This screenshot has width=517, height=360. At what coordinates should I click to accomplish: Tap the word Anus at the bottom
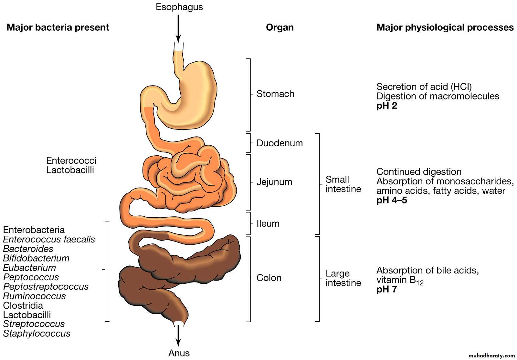point(179,353)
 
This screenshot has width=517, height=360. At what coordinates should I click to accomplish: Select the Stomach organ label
point(275,94)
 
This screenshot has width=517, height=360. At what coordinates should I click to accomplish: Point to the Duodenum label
point(280,143)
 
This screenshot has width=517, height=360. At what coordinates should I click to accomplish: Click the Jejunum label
point(274,182)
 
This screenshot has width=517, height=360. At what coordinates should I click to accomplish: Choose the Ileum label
point(268,223)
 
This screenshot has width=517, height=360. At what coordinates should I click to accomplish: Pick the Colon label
point(269,278)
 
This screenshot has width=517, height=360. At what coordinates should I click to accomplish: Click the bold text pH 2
point(387,106)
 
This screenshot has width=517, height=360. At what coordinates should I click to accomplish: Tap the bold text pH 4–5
point(392,200)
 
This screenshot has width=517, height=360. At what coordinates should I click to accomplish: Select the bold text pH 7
point(386,289)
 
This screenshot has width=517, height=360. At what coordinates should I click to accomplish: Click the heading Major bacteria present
point(58,27)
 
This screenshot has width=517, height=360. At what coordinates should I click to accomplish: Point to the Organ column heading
point(280,28)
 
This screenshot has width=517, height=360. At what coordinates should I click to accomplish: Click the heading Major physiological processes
point(445,28)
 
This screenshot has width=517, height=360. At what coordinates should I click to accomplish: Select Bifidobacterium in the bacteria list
point(36,258)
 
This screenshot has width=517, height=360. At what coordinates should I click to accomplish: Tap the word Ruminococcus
point(34,296)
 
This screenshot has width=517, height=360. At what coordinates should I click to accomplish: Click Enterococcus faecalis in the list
point(49,239)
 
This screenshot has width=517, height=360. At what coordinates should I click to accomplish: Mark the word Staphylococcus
point(37,334)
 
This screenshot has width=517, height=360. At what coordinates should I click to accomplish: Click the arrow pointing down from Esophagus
point(178,29)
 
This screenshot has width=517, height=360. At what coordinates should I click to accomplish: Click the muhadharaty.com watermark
point(491,355)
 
